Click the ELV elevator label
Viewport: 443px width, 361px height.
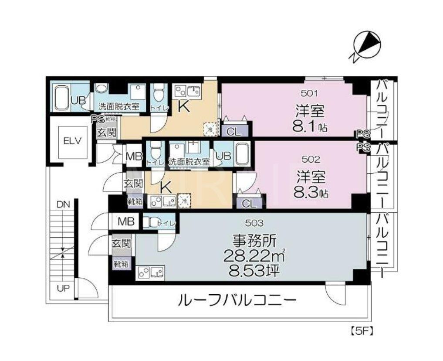click(x=70, y=141)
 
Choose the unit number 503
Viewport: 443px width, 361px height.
click(x=254, y=223)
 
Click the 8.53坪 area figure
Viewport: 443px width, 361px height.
click(x=254, y=270)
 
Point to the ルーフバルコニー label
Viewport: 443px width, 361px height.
click(x=237, y=300)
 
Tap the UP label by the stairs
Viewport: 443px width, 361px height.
click(x=63, y=289)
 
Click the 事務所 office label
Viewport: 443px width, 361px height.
click(x=254, y=240)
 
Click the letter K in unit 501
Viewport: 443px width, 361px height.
click(x=184, y=107)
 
